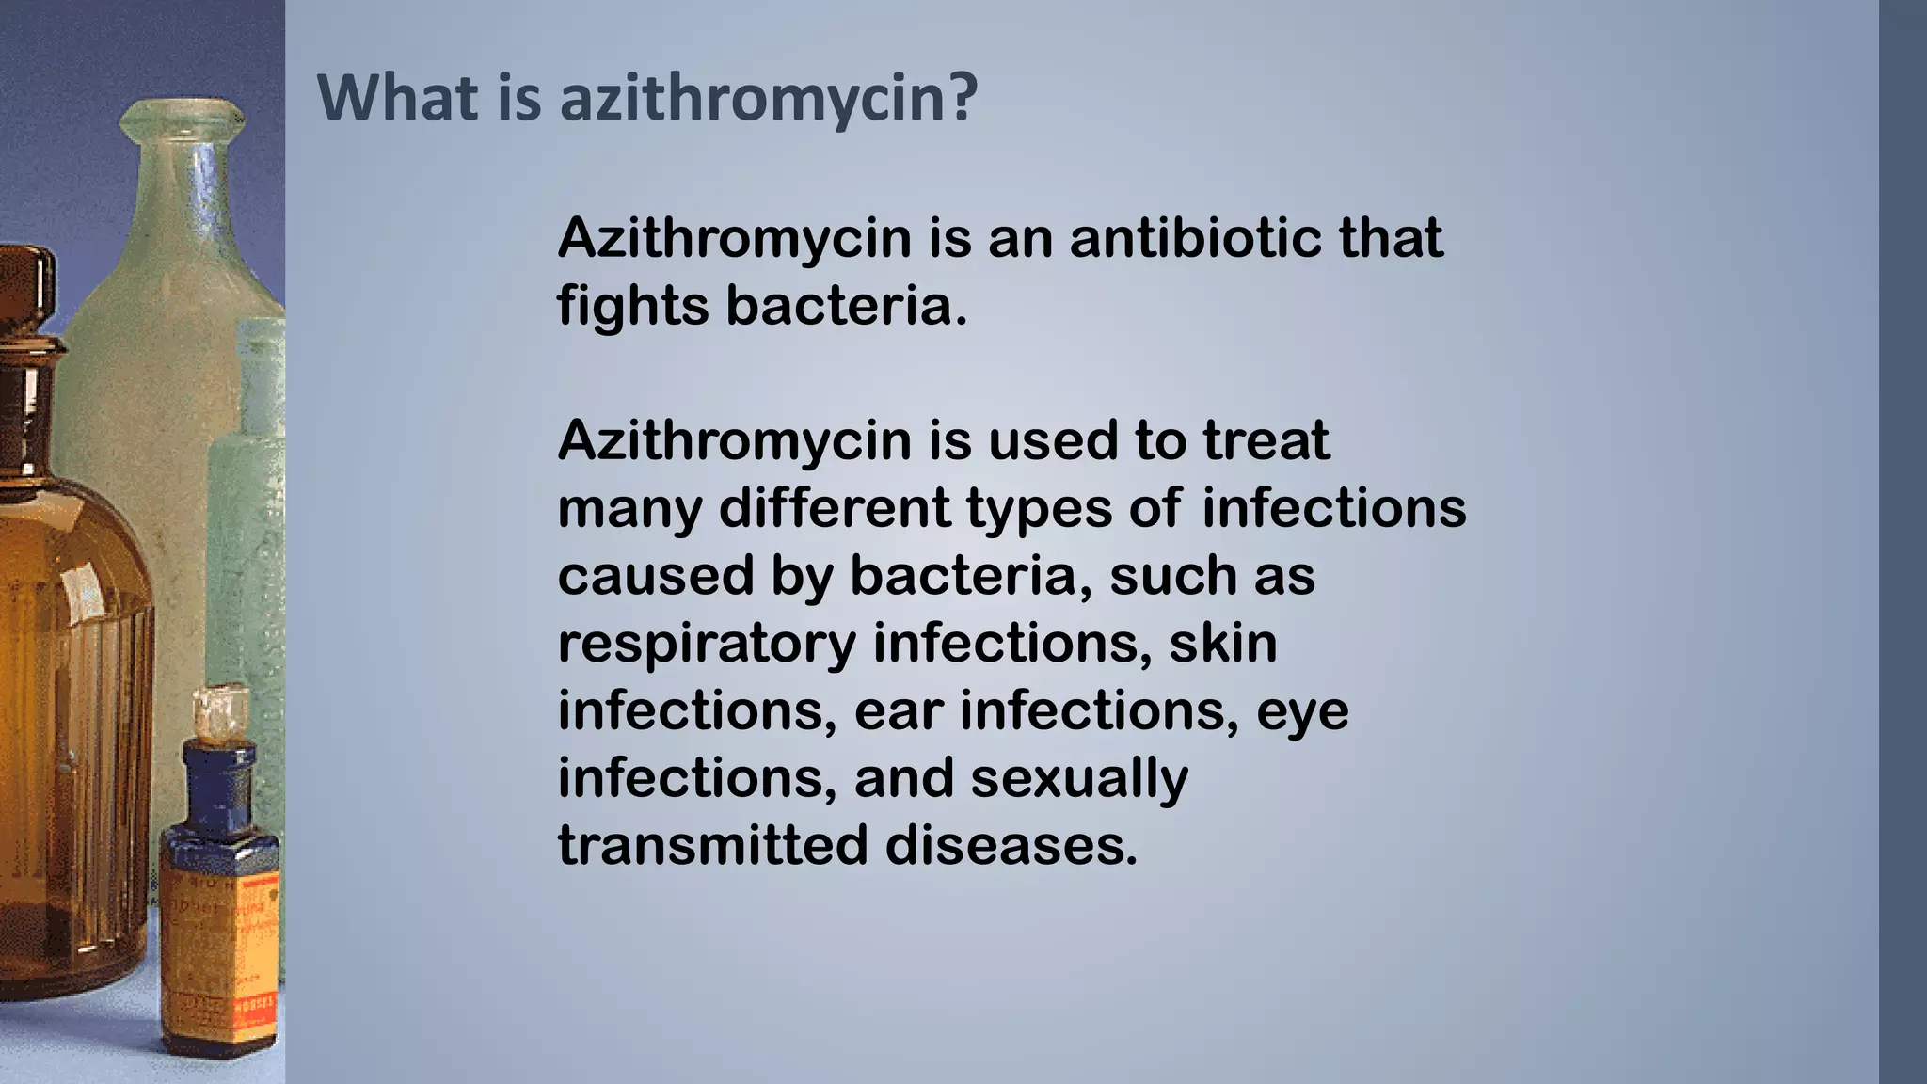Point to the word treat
pyautogui.click(x=1266, y=440)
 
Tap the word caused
pyautogui.click(x=656, y=576)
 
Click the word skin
pyautogui.click(x=1222, y=644)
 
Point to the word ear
pyautogui.click(x=898, y=711)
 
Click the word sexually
pyautogui.click(x=1079, y=780)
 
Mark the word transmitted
pyautogui.click(x=712, y=846)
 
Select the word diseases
pyautogui.click(x=1011, y=846)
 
